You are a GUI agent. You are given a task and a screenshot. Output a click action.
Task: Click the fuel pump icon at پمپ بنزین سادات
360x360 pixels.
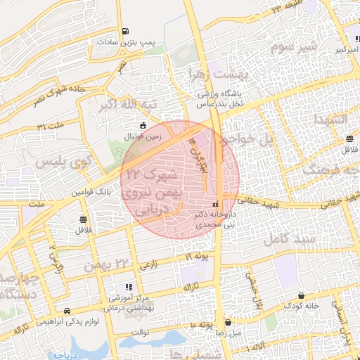(125, 31)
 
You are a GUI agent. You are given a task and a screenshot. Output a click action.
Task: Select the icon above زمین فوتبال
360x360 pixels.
(144, 126)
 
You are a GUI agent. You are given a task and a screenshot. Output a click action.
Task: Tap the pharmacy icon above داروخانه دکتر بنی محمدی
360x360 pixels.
(214, 204)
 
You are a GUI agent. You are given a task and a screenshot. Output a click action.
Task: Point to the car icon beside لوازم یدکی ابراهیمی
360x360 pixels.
(66, 311)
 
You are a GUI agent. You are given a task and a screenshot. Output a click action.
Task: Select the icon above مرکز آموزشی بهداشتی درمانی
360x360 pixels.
(127, 287)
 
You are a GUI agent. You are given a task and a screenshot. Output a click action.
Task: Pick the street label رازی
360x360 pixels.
(150, 265)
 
